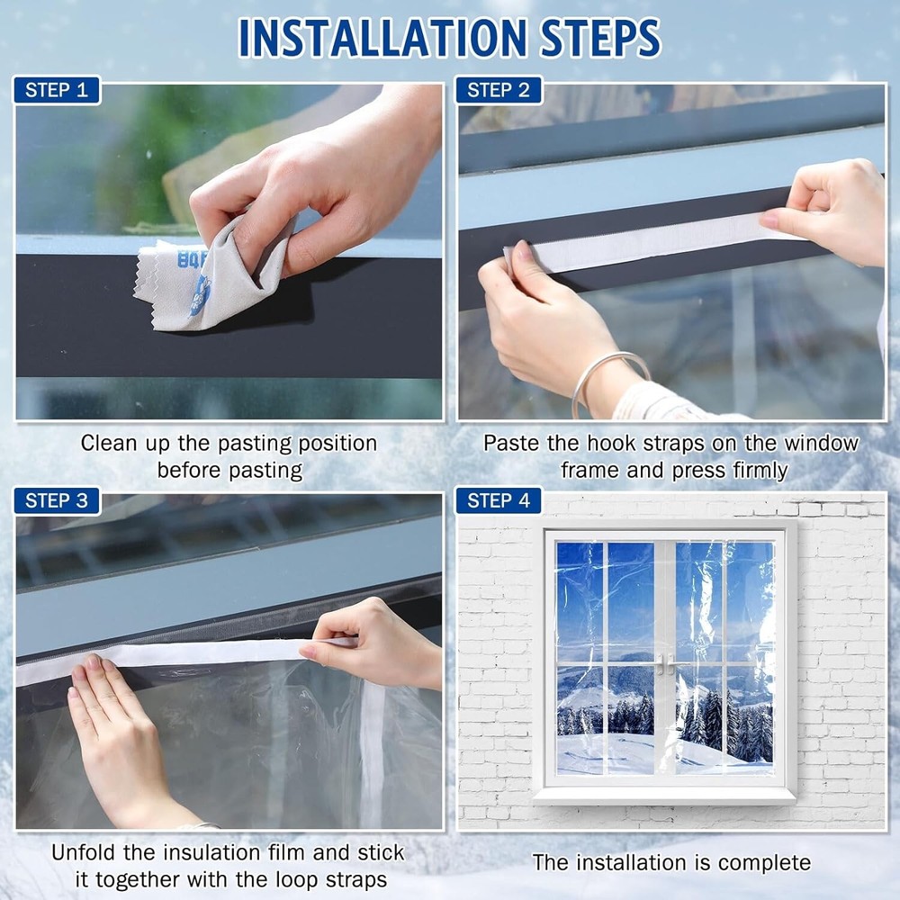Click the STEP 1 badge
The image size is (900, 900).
coord(56,90)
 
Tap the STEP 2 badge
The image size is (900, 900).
coord(499,90)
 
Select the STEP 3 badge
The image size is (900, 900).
coord(56,500)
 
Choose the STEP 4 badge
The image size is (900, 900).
coord(499,500)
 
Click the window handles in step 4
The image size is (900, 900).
coord(666,664)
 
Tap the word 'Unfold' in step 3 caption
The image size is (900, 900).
coord(82,852)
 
